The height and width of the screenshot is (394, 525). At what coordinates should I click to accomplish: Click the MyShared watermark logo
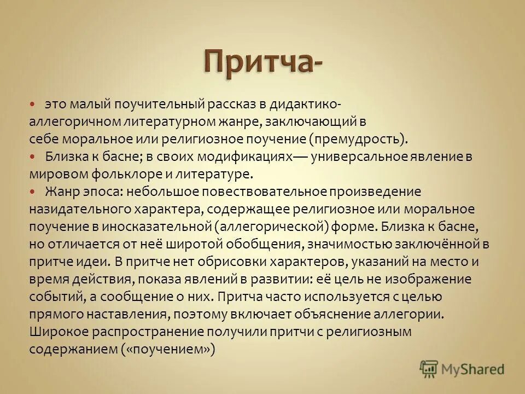coord(462,368)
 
